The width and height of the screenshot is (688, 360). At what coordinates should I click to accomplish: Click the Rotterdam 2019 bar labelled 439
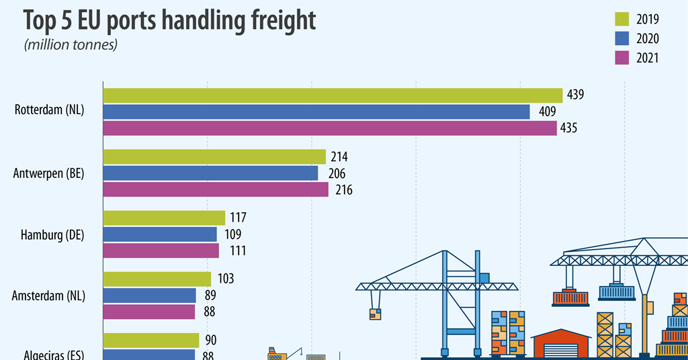[x=333, y=95]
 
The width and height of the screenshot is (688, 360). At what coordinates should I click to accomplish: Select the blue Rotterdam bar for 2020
[x=316, y=111]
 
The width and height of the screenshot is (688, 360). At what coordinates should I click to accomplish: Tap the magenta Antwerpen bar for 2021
[x=216, y=190]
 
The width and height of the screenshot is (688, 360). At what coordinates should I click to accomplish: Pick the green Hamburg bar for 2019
[x=164, y=218]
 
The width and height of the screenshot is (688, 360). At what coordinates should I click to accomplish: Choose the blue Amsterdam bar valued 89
[x=149, y=296]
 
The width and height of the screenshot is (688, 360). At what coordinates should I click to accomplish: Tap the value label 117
[x=238, y=218]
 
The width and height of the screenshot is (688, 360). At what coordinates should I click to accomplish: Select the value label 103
[x=225, y=279]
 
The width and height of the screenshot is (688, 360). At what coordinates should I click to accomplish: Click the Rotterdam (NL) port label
[x=49, y=111]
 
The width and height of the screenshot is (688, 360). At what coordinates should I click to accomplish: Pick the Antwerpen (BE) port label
[x=48, y=173]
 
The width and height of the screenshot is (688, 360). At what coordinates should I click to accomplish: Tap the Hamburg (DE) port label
[x=52, y=234]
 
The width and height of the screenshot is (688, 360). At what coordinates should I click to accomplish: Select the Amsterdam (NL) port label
[x=49, y=296]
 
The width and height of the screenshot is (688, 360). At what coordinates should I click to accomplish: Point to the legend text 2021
[x=649, y=58]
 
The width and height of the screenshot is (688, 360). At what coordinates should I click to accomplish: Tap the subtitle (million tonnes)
[x=71, y=45]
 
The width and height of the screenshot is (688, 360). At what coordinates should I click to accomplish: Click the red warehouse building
[x=560, y=343]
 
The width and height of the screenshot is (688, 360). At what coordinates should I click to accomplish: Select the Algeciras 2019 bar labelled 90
[x=151, y=340]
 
